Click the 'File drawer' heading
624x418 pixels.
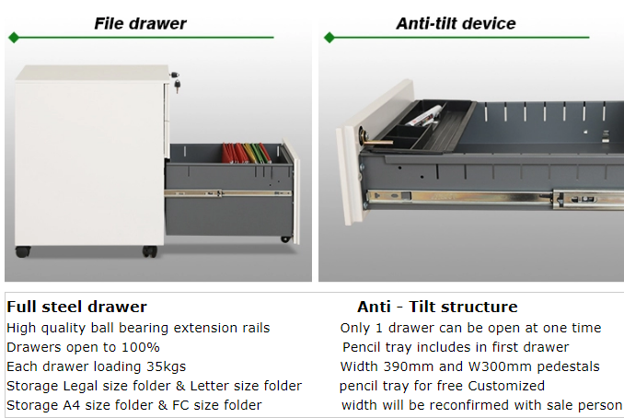(140, 24)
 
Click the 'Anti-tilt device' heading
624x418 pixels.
(456, 24)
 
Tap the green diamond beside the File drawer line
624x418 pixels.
(14, 38)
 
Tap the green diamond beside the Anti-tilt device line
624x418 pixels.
(329, 38)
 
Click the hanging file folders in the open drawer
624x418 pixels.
(246, 153)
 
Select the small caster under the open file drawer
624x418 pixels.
(285, 238)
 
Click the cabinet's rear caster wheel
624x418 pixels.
(23, 251)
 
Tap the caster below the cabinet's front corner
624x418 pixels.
(150, 251)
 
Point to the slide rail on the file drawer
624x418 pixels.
(227, 193)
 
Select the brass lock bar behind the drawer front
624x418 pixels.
(378, 142)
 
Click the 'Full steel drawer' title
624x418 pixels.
(76, 307)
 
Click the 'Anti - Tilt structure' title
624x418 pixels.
(437, 307)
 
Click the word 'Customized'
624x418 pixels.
(506, 386)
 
